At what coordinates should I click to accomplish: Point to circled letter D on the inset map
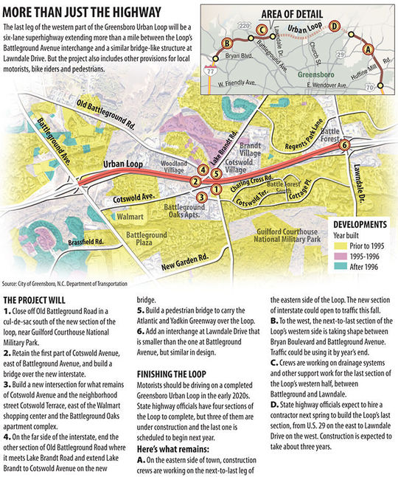(335, 27)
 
